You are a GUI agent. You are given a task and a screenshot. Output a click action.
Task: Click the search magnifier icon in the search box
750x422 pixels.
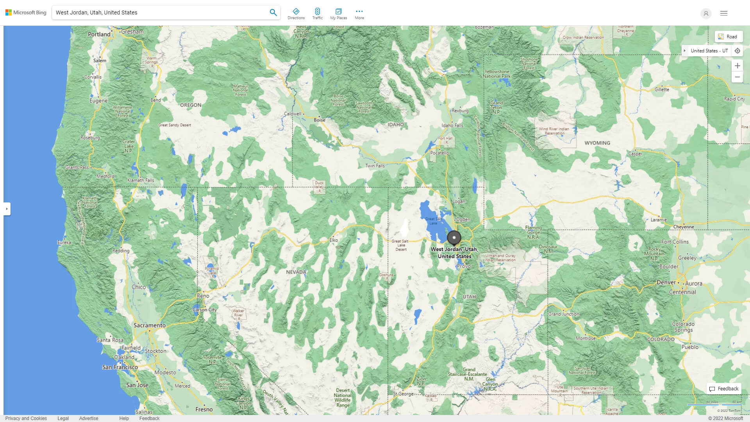coord(273,13)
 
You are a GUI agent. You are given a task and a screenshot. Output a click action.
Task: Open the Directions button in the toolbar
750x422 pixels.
coord(296,14)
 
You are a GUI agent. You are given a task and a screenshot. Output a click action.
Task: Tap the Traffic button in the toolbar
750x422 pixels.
coord(317,14)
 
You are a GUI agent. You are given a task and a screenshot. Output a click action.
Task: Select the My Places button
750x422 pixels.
coord(338,14)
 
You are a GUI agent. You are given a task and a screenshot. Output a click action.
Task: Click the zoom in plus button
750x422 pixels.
coord(737,66)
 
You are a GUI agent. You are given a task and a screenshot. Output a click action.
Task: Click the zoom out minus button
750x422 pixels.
coord(737,77)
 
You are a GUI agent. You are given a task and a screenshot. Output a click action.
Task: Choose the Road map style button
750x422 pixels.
coord(728,37)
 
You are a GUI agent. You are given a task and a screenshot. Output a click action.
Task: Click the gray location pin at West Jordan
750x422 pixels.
coord(454,237)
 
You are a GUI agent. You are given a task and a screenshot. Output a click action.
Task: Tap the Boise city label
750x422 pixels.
coord(319,120)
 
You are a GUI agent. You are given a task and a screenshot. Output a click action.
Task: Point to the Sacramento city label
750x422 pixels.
coord(150,325)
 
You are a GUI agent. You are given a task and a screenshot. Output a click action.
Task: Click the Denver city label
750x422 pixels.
coord(666,283)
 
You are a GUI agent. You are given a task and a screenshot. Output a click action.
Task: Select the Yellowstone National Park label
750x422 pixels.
coord(496,74)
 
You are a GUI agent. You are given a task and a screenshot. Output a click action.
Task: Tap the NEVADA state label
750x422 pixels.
coord(296,272)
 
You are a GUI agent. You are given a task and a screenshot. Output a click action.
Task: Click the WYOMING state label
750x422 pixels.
coord(597,143)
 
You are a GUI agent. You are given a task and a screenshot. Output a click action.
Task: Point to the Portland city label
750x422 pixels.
coord(99,34)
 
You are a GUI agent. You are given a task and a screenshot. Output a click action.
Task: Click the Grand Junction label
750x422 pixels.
coord(564,314)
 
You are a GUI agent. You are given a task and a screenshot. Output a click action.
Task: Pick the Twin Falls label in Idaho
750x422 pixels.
coord(375,166)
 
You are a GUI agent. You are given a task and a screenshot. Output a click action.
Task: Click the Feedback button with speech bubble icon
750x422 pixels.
coord(724,389)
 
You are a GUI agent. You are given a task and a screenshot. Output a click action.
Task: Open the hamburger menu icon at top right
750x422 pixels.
coord(723,13)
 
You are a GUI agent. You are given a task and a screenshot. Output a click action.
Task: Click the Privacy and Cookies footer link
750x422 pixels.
coord(26,418)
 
